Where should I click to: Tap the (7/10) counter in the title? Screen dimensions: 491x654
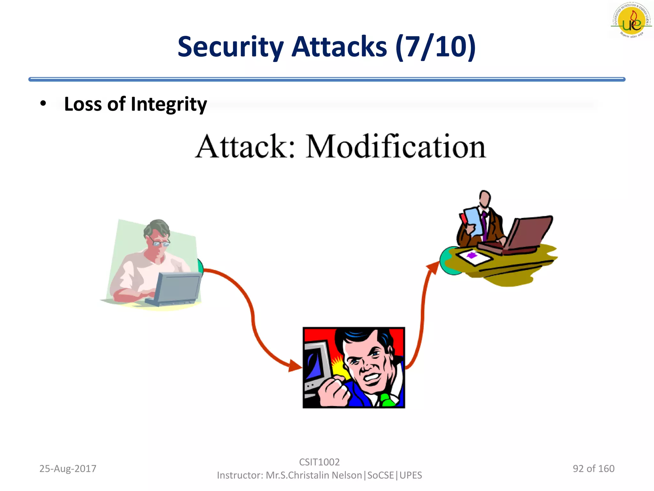pos(436,47)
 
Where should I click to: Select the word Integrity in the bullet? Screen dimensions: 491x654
pos(169,104)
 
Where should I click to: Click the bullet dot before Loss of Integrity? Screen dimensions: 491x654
pos(43,104)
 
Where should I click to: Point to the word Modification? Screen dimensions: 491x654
pos(396,147)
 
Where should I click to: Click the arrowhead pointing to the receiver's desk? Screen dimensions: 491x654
pos(434,267)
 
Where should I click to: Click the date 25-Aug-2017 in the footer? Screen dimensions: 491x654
pos(68,469)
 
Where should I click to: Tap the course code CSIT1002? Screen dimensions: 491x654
pos(319,462)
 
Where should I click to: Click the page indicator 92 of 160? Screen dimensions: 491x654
pos(593,469)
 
